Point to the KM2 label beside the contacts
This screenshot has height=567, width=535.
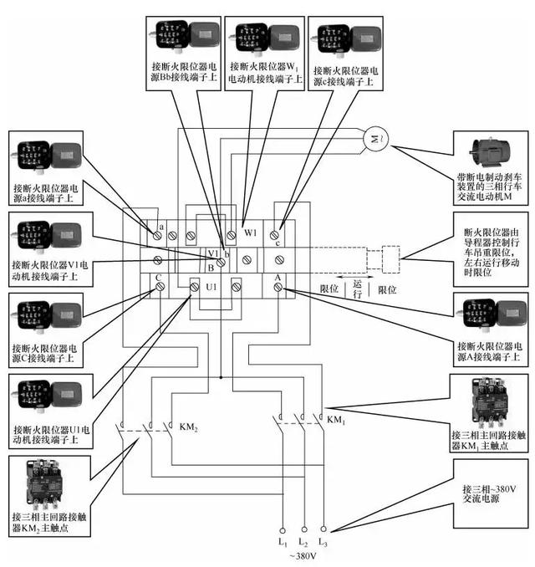point(188,427)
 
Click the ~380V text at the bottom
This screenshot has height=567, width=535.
point(303,557)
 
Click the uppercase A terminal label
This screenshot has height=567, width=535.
point(278,277)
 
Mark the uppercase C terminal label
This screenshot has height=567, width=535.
point(157,277)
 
